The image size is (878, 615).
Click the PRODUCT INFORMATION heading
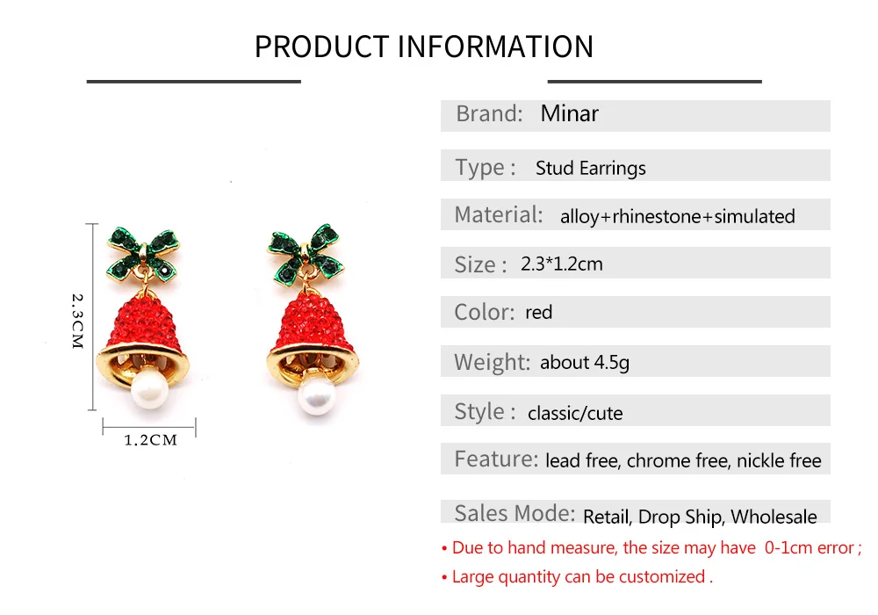tap(424, 47)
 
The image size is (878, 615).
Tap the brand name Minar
tap(569, 113)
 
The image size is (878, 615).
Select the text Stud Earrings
tap(590, 168)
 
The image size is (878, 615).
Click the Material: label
tap(499, 214)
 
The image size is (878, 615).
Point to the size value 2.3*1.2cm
tap(562, 264)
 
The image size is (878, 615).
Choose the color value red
tap(539, 313)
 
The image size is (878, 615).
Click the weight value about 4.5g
tap(585, 363)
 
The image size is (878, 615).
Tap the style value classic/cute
tap(575, 413)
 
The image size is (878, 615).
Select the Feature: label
tap(496, 459)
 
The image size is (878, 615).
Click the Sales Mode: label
tap(515, 513)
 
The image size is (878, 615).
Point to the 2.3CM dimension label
tap(77, 321)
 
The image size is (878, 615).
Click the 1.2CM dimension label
tap(150, 440)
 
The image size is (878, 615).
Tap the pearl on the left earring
tap(149, 388)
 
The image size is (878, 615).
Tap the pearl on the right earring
tap(317, 394)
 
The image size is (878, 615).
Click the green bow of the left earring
tap(143, 255)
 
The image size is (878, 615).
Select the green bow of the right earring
tap(306, 255)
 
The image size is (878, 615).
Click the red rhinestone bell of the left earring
tap(142, 321)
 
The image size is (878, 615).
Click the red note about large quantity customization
tap(578, 577)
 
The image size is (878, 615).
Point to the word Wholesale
tap(774, 517)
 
